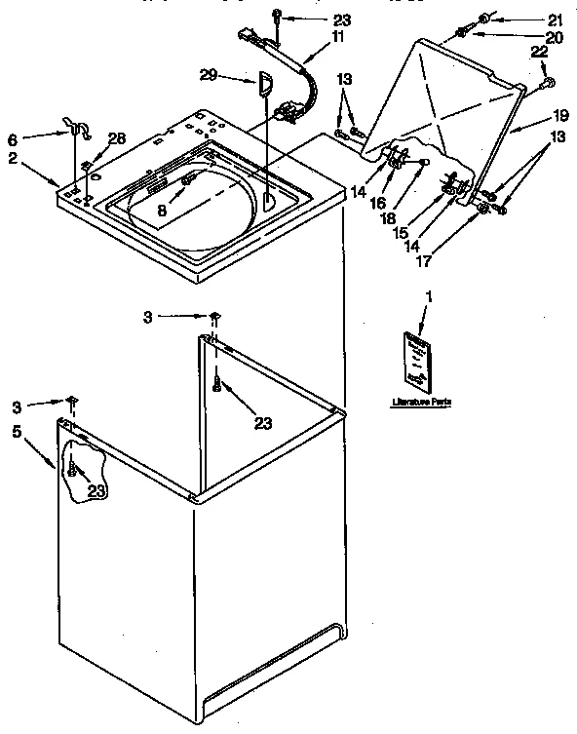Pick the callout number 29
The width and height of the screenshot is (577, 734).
coord(209,74)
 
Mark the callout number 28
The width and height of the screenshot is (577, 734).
coord(117,139)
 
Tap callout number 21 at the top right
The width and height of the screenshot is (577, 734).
coord(555,19)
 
